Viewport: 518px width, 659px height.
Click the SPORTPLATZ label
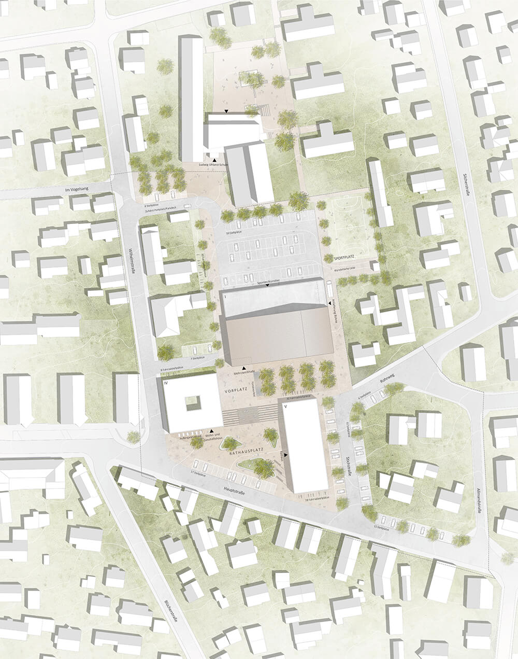coord(347,257)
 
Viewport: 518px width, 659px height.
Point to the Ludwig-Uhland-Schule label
coord(214,165)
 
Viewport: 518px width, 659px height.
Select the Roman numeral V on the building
coord(284,408)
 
